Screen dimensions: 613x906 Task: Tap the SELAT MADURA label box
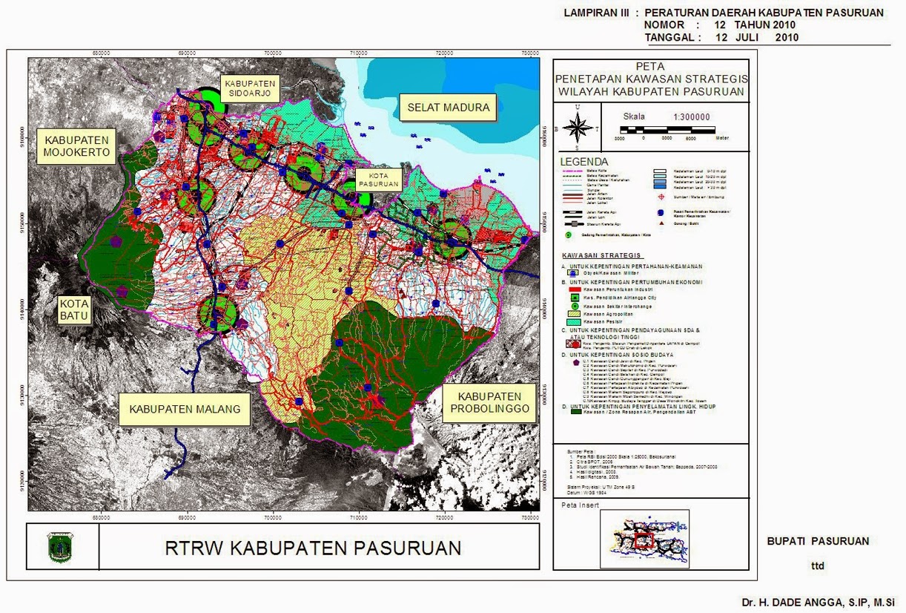(448, 108)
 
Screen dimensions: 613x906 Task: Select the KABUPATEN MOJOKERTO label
(76, 148)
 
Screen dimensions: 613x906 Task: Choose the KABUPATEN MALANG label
(185, 409)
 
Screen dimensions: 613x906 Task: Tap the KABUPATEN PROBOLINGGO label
(489, 403)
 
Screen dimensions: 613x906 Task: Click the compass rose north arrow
(578, 127)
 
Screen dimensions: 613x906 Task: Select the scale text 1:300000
(691, 117)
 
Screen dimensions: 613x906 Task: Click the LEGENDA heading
(584, 162)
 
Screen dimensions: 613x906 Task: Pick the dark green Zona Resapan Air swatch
(570, 413)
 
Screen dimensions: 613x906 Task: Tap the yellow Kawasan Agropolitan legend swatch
(570, 314)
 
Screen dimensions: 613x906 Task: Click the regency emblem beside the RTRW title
(57, 547)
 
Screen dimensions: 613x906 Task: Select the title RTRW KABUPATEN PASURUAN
(312, 548)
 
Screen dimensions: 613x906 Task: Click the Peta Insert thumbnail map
(644, 538)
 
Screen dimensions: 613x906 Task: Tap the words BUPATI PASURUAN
(818, 541)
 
